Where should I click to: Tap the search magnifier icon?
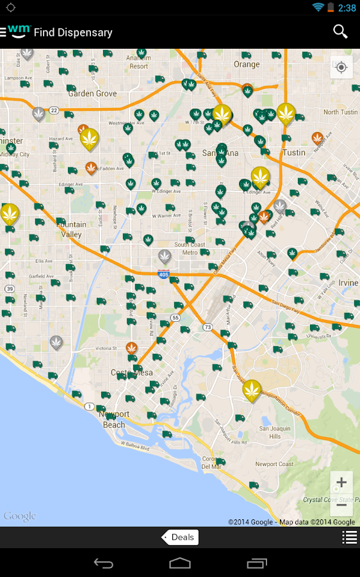(340, 31)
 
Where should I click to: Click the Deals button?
(181, 537)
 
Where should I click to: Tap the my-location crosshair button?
(341, 67)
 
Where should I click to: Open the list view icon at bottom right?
(350, 537)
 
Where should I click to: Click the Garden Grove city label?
(92, 93)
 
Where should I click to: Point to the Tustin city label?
(294, 153)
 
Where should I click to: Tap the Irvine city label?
(348, 283)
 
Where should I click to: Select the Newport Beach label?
(115, 420)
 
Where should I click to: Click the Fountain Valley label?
(72, 230)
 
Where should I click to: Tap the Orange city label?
(247, 64)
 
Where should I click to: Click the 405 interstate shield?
(164, 274)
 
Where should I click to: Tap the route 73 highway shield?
(208, 327)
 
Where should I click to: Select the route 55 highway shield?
(176, 317)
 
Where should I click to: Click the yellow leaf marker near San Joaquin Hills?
(252, 389)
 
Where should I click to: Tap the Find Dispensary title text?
(73, 32)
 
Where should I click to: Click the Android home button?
(180, 563)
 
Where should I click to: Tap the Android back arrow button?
(103, 563)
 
